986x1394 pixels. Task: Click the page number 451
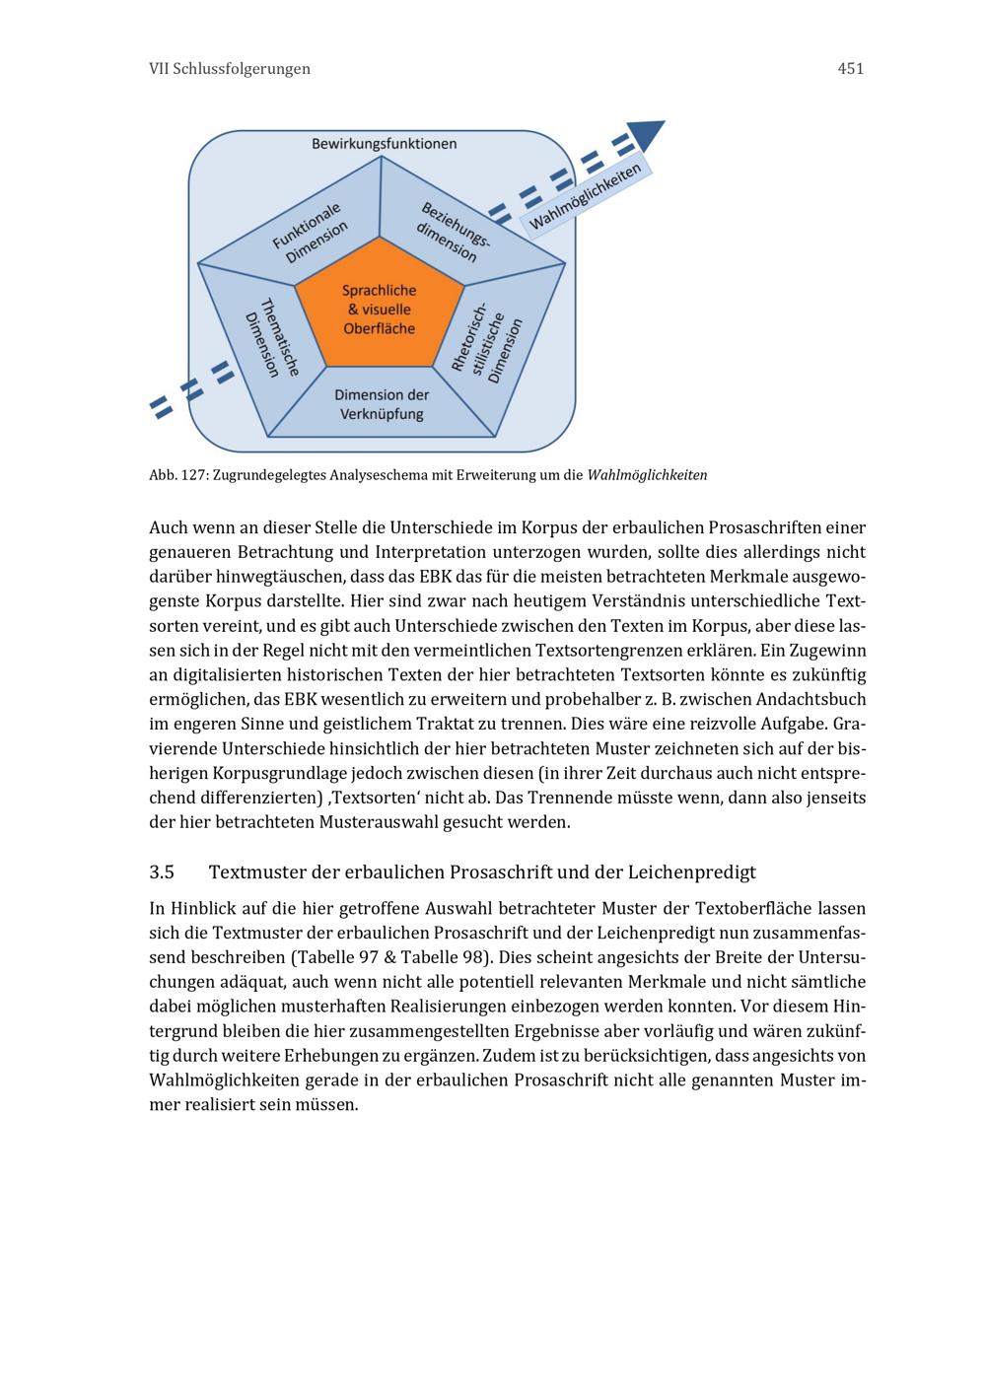pos(850,69)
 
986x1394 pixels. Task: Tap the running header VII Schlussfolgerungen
pos(229,69)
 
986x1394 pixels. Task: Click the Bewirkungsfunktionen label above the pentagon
pos(384,144)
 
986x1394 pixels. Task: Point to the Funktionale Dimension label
pos(311,233)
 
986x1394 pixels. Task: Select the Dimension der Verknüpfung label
pos(382,404)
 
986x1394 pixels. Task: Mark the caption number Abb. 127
pos(176,475)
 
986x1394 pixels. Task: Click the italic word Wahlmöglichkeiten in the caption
pos(647,475)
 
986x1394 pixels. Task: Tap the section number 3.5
pos(162,872)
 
